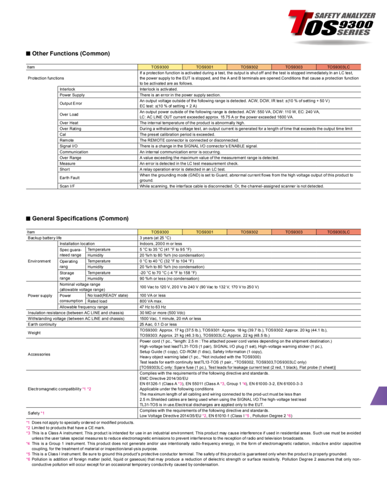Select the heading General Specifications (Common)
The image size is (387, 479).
(74, 218)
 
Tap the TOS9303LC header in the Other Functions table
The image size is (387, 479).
(338, 66)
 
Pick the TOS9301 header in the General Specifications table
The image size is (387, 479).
(204, 232)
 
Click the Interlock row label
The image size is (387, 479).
(68, 89)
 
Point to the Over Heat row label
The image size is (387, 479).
(69, 122)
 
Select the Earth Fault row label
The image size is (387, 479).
(70, 178)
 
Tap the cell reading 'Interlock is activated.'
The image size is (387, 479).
(158, 89)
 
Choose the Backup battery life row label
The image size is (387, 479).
(45, 238)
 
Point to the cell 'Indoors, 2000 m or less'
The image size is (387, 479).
(161, 243)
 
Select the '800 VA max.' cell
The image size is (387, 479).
(150, 301)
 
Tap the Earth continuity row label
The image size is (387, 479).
(43, 324)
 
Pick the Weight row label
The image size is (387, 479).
(34, 332)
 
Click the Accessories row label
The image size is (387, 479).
(39, 354)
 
